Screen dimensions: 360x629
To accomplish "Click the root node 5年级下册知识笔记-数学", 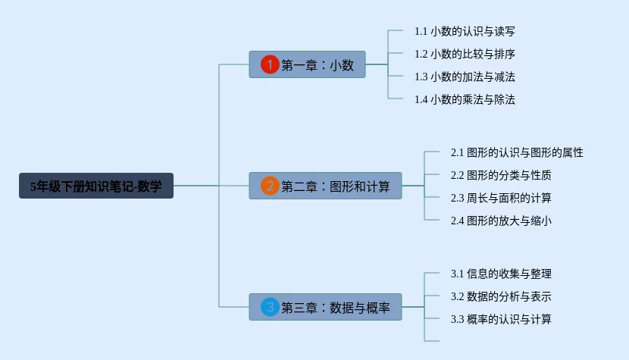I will pos(96,186).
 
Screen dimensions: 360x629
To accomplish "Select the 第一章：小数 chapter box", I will pos(308,64).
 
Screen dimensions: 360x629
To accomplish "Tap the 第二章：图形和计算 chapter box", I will pos(326,186).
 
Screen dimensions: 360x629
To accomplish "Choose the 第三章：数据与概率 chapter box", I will pos(326,307).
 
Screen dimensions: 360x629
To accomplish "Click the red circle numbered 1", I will pos(270,64).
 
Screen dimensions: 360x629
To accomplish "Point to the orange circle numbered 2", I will pos(270,186).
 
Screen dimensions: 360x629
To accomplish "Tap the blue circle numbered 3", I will pos(270,307).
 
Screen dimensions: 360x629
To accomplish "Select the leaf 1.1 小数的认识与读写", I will pos(465,31).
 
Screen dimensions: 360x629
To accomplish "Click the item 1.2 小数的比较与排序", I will pos(465,54).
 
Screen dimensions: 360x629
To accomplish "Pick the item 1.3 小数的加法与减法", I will pos(465,77).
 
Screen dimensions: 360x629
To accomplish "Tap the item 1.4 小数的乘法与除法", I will pos(465,99).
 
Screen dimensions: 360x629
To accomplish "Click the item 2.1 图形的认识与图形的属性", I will pos(517,152).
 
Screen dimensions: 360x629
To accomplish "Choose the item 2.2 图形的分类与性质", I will pos(501,175).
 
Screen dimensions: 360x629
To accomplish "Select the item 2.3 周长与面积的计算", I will pos(501,198).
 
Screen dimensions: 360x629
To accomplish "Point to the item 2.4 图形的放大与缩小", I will pos(501,221).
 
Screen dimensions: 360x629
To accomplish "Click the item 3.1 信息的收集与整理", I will pos(501,274).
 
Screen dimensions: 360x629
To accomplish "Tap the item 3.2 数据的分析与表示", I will pos(501,296).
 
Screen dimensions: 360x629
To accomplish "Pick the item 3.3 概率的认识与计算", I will pos(501,319).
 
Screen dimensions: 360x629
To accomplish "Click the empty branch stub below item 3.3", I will pos(433,341).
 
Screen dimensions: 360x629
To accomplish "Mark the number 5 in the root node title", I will pos(33,186).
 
